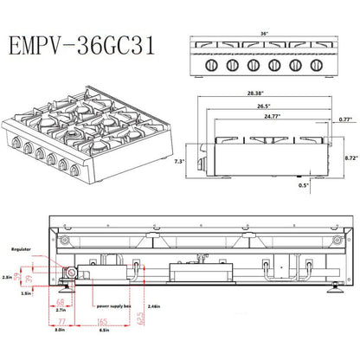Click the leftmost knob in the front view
click(x=212, y=65)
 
